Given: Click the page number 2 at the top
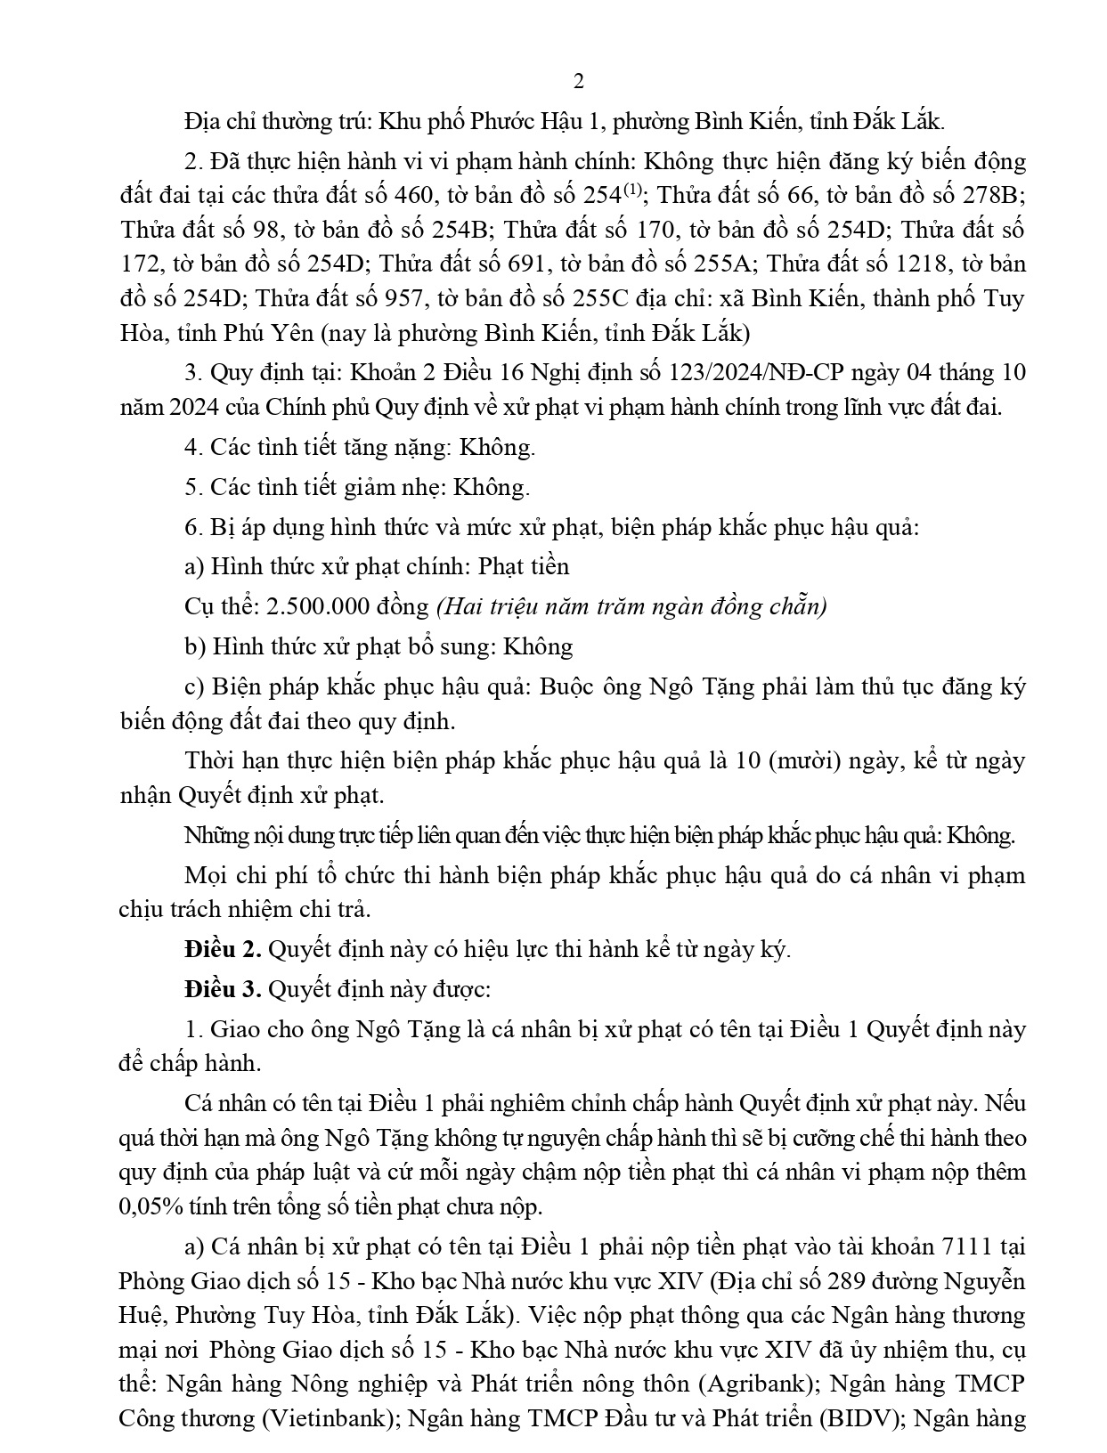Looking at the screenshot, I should tap(578, 82).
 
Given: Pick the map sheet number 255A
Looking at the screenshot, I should tap(719, 264).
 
